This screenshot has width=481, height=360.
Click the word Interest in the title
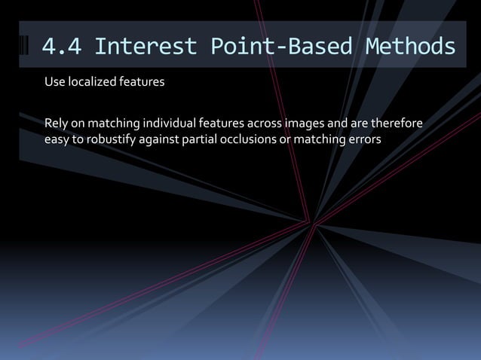(146, 47)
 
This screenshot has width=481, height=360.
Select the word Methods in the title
(410, 47)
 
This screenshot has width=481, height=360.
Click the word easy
(57, 139)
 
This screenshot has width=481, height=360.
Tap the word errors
(365, 139)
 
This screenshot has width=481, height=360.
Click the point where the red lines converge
(311, 222)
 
